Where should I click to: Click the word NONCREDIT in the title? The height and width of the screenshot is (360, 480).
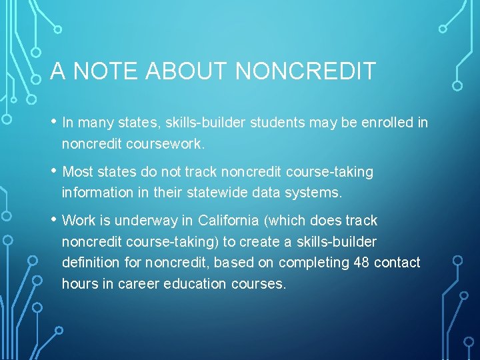click(x=306, y=71)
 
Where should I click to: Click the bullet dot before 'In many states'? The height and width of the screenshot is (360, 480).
click(x=53, y=122)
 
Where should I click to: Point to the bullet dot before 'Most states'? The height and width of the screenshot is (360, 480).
click(x=53, y=171)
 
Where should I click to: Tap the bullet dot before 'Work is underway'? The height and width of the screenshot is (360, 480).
click(x=53, y=220)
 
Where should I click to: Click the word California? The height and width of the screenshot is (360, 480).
click(x=230, y=221)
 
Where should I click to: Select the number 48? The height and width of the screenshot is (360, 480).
click(x=361, y=263)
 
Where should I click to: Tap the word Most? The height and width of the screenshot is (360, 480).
click(x=77, y=172)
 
